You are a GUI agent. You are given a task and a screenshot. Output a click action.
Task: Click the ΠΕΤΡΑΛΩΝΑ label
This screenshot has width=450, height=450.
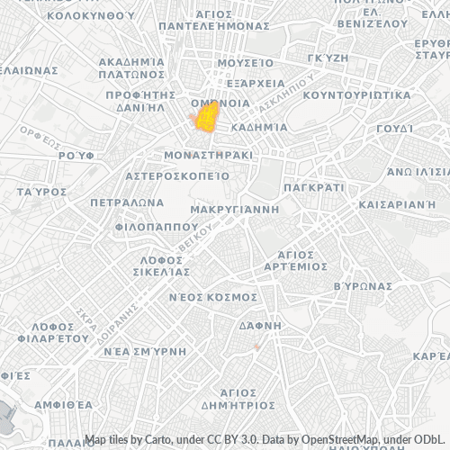point(126,202)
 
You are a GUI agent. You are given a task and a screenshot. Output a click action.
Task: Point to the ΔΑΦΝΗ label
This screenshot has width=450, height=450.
point(261,324)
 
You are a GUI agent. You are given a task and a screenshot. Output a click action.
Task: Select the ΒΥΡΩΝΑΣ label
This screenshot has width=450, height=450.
point(363,285)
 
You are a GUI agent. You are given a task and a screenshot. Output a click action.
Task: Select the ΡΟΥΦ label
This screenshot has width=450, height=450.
point(76,155)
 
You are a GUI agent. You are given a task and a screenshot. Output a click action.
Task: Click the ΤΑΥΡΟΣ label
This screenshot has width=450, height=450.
point(41,193)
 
